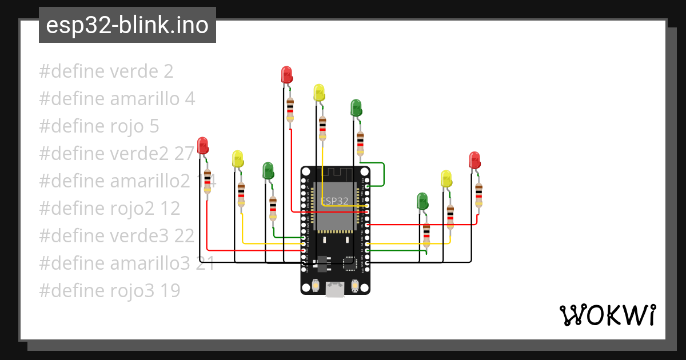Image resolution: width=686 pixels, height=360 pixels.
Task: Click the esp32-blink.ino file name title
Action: (127, 26)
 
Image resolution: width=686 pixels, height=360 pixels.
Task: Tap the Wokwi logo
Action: (607, 315)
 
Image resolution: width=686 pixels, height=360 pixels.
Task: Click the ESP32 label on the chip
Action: (334, 201)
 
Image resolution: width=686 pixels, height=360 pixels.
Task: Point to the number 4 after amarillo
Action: (190, 99)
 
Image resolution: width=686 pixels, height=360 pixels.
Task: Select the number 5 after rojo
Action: (154, 126)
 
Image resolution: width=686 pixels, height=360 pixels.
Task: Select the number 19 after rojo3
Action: (169, 291)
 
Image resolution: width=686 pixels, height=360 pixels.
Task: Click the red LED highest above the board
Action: (286, 75)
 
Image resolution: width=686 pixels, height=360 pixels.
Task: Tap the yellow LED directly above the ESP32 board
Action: (319, 93)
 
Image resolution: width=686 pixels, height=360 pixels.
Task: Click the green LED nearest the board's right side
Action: (422, 201)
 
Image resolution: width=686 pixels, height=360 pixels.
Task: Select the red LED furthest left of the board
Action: (203, 146)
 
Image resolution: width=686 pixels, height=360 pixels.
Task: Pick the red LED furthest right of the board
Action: (474, 160)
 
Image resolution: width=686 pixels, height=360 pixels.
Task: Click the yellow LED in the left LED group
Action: (237, 159)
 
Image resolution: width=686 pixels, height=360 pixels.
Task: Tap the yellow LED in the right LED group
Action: (446, 179)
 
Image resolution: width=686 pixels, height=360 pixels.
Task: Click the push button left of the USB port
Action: (316, 285)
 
